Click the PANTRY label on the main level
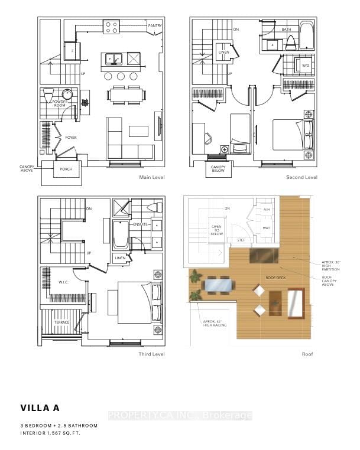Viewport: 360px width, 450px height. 155,26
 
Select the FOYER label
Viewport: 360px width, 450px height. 70,138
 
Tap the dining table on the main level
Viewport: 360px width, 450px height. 125,94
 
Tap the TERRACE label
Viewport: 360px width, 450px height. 62,322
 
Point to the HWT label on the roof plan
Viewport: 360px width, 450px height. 267,227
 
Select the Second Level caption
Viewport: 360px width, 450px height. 301,178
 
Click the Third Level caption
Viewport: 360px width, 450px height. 151,354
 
